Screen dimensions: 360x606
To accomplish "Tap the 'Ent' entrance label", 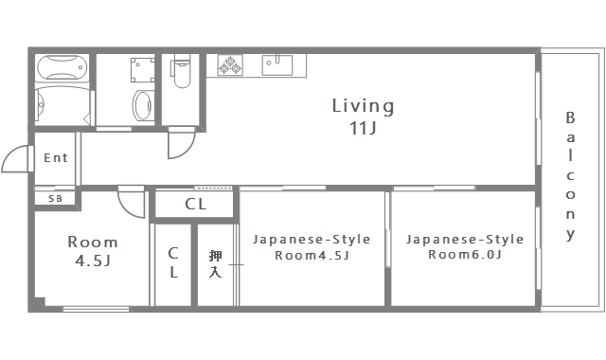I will pos(56,158).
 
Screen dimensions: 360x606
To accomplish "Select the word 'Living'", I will pos(363,105).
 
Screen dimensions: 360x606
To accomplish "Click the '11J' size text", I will pos(363,128).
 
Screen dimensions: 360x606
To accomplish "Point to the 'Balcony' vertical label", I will pos(570,175).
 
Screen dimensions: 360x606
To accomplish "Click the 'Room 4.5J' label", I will pos(93,250).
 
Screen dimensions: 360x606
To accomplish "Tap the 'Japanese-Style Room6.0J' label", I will pos(466,246).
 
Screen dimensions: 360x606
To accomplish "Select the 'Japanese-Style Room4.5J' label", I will pos(312,246).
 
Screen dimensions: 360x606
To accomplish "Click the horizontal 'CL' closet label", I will pos(196,204).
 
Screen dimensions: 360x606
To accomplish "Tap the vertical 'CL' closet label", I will pos(173,263).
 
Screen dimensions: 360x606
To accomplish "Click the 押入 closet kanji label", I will pos(216,263).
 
